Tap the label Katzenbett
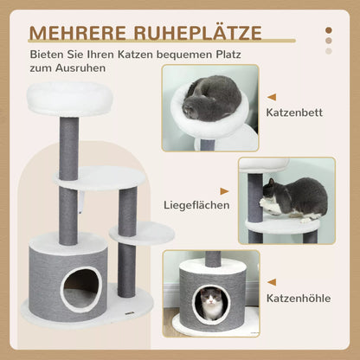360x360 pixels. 302,113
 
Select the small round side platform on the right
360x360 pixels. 141,232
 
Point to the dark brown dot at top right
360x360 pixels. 330,29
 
